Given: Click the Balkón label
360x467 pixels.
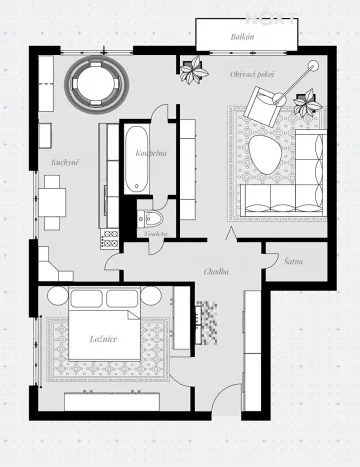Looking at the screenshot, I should coord(242,35).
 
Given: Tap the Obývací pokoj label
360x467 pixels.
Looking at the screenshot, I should coord(253,74).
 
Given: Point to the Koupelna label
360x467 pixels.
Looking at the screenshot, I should coord(150,153).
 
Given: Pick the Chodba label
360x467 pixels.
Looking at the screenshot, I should coord(217,271).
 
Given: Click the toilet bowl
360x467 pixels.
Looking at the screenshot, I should coord(151,220).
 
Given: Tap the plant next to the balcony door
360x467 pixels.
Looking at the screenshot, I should coord(192,70).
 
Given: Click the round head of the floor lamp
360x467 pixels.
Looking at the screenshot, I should coord(313,66).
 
